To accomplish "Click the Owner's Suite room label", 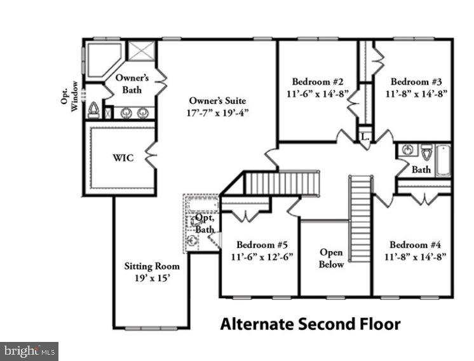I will coord(217,100).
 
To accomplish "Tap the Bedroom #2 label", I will coord(318,81).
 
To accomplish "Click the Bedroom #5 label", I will coord(262,245).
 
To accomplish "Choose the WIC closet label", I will coord(124,158).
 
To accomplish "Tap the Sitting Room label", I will coord(152,266).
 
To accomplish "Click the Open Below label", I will coord(331,258).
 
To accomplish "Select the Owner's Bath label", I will coord(132,84).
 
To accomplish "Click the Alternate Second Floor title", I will coord(310,325).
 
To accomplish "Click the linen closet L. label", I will coord(365,137).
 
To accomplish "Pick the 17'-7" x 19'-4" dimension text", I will coord(218,112).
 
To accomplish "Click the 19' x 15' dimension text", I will coord(152,278).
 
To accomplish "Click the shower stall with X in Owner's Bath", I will coord(141,51).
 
